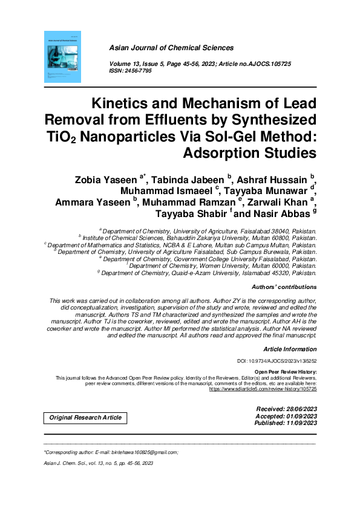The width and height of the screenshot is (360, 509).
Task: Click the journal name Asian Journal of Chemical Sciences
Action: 171,48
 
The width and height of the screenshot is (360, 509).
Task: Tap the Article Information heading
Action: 290,349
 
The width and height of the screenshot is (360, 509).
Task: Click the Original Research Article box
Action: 85,418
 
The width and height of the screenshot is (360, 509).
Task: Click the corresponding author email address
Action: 145,452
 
